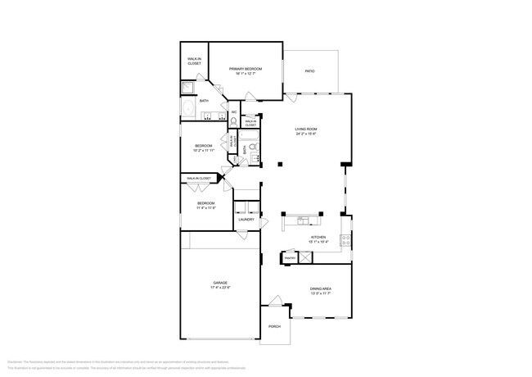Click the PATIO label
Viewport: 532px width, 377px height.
(310, 71)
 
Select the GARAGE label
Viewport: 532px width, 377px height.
(220, 283)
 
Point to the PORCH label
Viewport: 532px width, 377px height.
(274, 326)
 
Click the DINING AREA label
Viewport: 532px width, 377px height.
(320, 288)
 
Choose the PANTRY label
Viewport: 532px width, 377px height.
(289, 258)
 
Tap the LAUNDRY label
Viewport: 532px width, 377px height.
(246, 219)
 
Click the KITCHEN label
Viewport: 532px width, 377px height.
(318, 238)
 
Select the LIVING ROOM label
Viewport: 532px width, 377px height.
(306, 129)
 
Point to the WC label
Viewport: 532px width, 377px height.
(233, 112)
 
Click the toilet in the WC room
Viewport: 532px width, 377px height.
(233, 120)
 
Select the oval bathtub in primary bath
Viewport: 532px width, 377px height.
(187, 110)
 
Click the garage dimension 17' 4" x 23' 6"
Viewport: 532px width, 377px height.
(220, 288)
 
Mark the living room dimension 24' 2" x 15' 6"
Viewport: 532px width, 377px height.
(306, 134)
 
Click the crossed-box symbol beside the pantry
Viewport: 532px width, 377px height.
(304, 257)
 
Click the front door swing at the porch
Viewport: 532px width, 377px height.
(276, 301)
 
